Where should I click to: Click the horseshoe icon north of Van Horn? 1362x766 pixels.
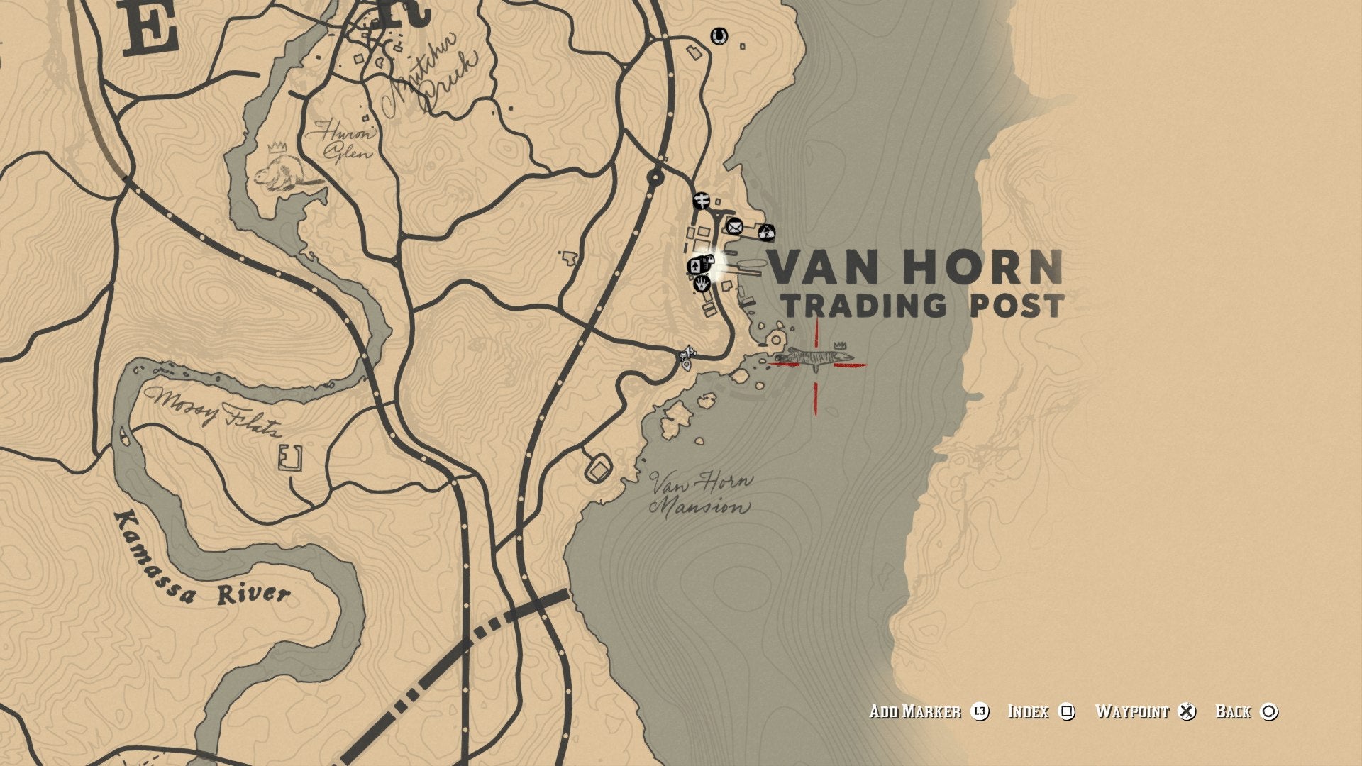tap(719, 35)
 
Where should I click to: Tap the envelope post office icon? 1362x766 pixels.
tap(734, 227)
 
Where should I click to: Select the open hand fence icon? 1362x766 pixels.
tap(702, 284)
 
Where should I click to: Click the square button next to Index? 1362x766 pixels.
tap(1066, 711)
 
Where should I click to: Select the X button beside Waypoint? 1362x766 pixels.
tap(1186, 711)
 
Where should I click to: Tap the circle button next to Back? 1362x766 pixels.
tap(1269, 711)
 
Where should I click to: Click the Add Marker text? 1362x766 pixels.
tap(915, 711)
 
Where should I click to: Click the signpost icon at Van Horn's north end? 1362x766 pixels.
tap(702, 201)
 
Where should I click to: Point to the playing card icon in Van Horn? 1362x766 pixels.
tap(696, 266)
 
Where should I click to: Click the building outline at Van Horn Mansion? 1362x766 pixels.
tap(599, 467)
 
